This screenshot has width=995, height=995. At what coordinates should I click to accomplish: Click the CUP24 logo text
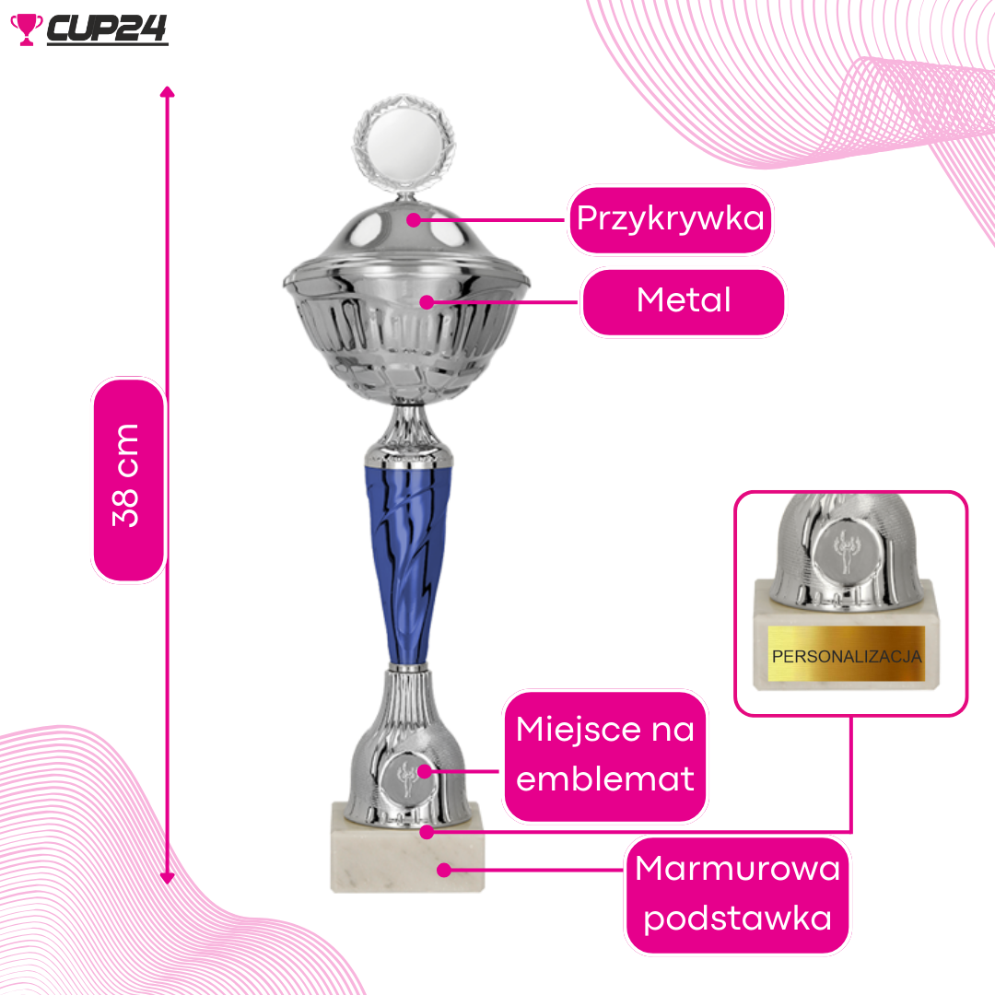pos(107,29)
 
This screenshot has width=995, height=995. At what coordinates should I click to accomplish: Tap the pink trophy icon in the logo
pos(26,29)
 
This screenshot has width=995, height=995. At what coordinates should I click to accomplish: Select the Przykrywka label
pos(670,219)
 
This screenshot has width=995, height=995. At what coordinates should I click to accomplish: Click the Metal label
pos(684,301)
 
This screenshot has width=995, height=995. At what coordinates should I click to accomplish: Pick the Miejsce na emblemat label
pos(604,755)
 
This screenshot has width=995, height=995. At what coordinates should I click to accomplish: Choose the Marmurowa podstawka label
pos(737,895)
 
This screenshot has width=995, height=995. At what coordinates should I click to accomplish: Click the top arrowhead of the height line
pos(167,91)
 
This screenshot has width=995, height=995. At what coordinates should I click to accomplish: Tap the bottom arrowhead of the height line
pos(167,878)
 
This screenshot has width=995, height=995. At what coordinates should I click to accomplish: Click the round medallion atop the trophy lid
pos(404,142)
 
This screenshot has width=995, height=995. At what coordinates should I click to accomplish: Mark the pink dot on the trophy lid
pos(414,220)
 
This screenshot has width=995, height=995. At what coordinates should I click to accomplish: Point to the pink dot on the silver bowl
pos(427,302)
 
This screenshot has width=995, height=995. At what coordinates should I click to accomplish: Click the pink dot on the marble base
pos(444,870)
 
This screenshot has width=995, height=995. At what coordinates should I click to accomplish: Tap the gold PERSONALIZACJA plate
pos(846,653)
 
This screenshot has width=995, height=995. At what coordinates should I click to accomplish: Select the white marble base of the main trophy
pos(407,848)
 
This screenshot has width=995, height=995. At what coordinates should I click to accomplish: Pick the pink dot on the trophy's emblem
pos(425,772)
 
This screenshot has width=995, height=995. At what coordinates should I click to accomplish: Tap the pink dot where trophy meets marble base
pos(427,831)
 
